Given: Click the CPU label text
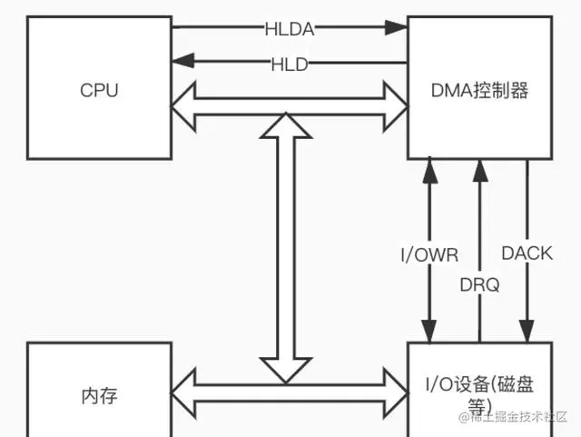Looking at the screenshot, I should [99, 91].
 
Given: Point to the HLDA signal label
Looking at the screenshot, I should [290, 29].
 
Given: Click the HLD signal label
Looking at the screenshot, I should [289, 64].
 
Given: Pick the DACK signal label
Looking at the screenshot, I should [527, 253].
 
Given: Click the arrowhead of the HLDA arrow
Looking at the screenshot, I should [397, 29].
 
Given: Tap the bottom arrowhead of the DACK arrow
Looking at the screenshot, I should [527, 334].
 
